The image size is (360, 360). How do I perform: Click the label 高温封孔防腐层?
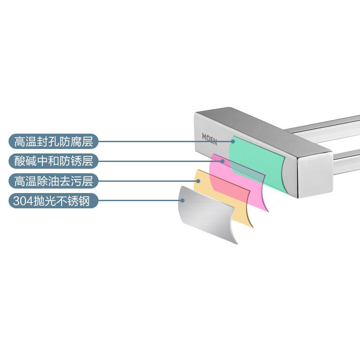point(54,141)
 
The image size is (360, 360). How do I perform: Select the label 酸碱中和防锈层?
point(54,161)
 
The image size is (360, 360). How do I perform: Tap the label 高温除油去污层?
point(54,181)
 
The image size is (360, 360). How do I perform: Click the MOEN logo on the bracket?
point(209,139)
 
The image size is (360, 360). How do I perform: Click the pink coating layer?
point(239,181)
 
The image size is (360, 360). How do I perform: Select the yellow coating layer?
point(223,198)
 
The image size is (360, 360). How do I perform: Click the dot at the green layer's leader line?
point(233,141)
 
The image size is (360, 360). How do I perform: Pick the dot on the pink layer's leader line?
point(222,161)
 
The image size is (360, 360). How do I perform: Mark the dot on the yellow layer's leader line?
point(198,181)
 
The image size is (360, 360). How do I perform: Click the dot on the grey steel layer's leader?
point(183,200)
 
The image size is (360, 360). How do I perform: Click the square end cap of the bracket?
point(315,175)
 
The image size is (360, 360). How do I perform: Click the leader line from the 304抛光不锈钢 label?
point(140,200)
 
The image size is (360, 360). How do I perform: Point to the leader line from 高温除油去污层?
point(148,181)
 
